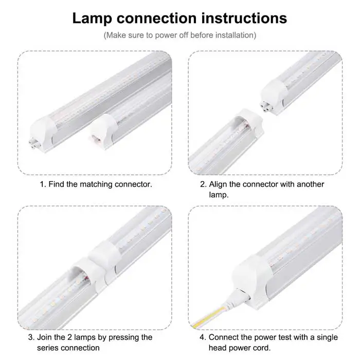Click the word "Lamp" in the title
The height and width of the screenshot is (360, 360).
(92, 18)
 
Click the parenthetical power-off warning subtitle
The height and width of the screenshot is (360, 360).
(179, 35)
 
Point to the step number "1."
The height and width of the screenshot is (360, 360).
(43, 184)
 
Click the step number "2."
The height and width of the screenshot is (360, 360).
(203, 184)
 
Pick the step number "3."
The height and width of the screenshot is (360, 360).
(31, 337)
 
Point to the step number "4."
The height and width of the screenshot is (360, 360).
(203, 337)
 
